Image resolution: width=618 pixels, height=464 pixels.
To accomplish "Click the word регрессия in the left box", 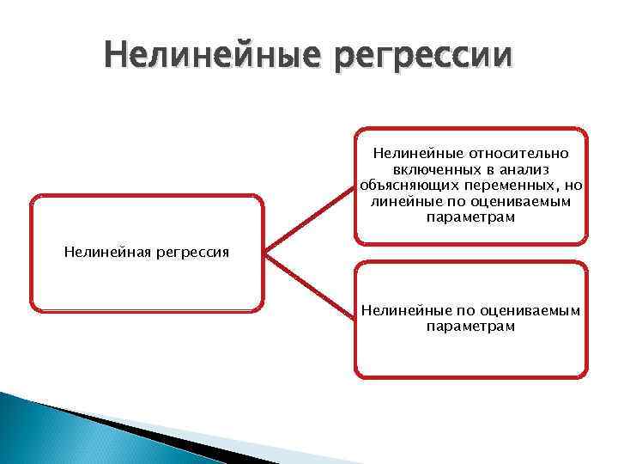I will (x=191, y=253).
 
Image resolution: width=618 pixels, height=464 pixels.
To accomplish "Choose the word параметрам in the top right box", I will (x=470, y=218).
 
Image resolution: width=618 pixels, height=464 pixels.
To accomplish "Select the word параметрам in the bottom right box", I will (x=470, y=327).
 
